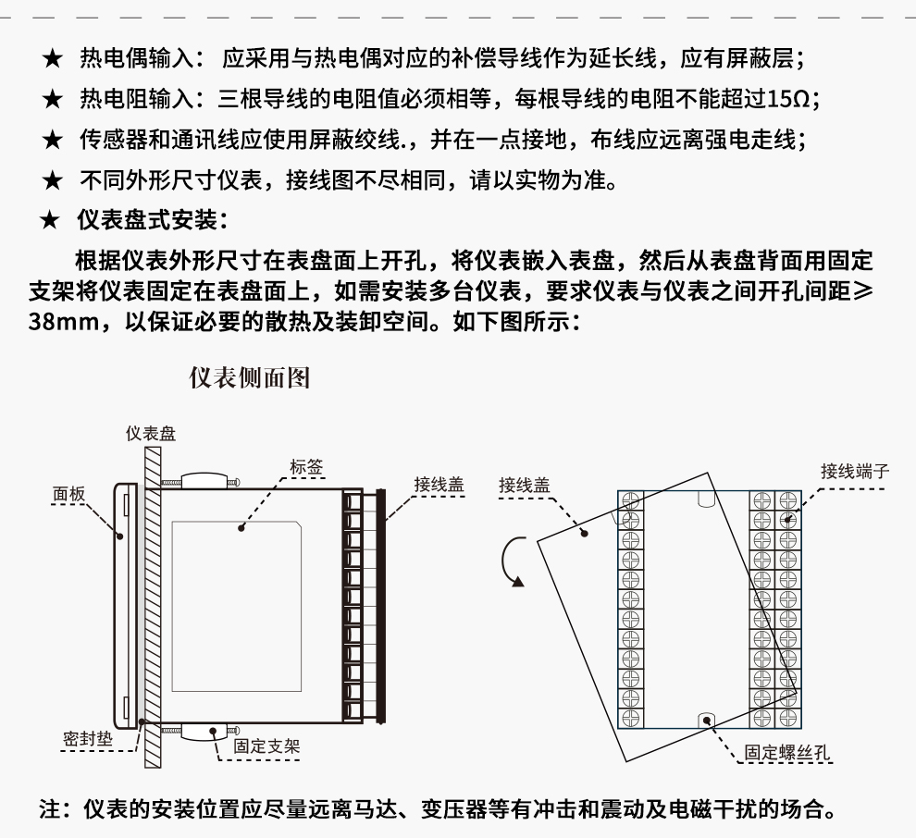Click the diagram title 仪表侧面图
(249, 377)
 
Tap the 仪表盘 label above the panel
(151, 433)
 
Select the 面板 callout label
(68, 495)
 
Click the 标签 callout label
(306, 467)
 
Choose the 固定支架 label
(266, 746)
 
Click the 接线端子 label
(855, 471)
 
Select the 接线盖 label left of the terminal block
(524, 485)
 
